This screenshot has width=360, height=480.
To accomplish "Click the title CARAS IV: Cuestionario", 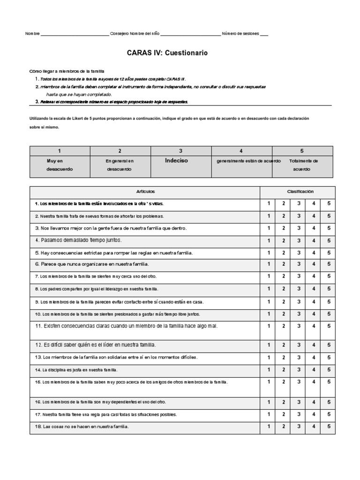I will pyautogui.click(x=167, y=53).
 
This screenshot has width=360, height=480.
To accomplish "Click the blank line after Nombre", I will pyautogui.click(x=75, y=34).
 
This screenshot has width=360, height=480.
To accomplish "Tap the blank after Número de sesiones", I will pyautogui.click(x=264, y=34).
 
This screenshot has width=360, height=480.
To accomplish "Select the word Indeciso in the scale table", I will pyautogui.click(x=176, y=160).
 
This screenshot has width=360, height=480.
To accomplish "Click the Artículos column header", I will pyautogui.click(x=145, y=192).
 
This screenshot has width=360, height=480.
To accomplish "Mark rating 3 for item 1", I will pyautogui.click(x=299, y=203).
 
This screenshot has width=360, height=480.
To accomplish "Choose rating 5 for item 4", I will pyautogui.click(x=329, y=240).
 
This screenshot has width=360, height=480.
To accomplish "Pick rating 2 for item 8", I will pyautogui.click(x=284, y=289).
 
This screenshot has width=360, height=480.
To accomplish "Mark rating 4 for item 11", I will pyautogui.click(x=314, y=326).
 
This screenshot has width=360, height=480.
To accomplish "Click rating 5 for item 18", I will pyautogui.click(x=329, y=427).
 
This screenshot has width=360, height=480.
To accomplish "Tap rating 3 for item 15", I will pyautogui.click(x=299, y=382).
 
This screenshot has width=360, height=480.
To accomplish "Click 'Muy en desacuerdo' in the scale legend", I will pyautogui.click(x=60, y=165).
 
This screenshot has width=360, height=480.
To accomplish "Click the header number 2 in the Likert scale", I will pyautogui.click(x=120, y=151).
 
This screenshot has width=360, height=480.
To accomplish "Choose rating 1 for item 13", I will pyautogui.click(x=269, y=357).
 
